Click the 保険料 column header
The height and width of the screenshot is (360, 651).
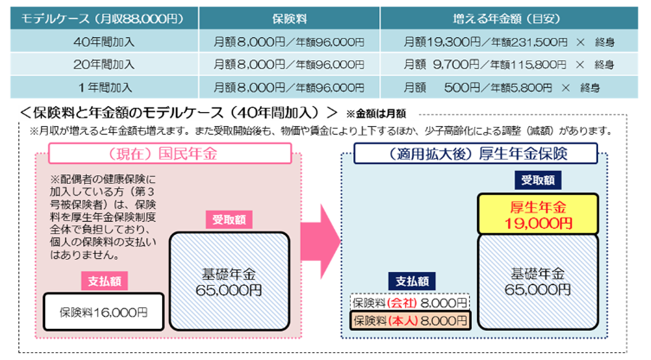(x=289, y=19)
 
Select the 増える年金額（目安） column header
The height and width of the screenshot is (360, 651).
(x=506, y=19)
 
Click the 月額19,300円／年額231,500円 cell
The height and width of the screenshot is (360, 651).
(x=506, y=42)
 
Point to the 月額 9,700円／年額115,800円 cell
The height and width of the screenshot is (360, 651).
(x=506, y=65)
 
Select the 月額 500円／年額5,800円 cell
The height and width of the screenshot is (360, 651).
(x=506, y=87)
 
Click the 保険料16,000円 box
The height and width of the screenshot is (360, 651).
(x=103, y=312)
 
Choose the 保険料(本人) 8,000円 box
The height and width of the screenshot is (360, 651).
(x=410, y=320)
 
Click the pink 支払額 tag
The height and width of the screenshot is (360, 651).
(x=104, y=281)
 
